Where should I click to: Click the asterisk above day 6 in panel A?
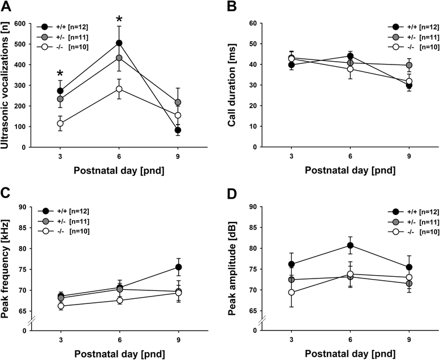[119, 18]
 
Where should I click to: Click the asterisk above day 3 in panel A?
[60, 74]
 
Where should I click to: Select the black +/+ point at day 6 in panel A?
[119, 43]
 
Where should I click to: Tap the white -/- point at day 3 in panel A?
[60, 123]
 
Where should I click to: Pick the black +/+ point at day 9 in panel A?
[178, 130]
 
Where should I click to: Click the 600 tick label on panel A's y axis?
[26, 24]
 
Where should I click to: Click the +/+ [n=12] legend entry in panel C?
[70, 211]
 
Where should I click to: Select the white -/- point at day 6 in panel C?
[119, 300]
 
